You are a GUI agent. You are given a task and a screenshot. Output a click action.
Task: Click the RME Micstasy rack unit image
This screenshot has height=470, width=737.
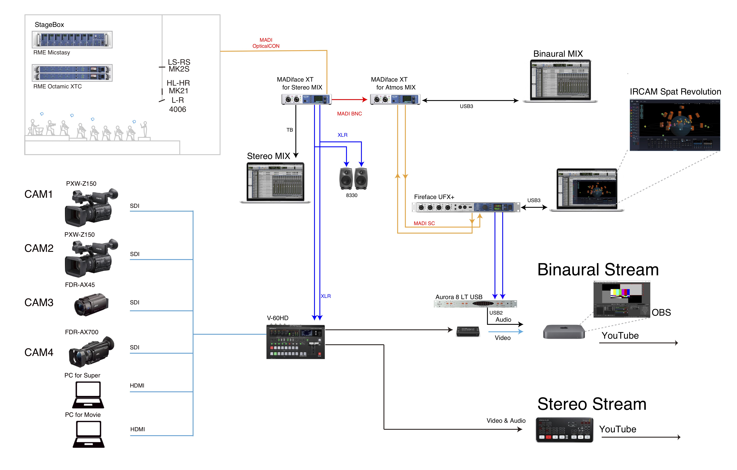pos(72,40)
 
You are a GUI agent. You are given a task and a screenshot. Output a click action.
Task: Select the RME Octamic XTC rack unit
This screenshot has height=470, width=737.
pos(72,73)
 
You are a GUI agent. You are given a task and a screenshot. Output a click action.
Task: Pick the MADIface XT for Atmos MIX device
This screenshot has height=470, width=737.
pos(395,99)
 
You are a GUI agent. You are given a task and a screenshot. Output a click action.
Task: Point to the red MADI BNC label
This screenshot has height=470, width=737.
pos(349,114)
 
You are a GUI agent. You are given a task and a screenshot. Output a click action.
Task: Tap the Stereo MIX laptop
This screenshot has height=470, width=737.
pos(275,183)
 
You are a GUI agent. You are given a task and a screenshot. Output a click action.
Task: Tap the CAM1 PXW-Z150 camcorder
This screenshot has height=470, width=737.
pos(91,207)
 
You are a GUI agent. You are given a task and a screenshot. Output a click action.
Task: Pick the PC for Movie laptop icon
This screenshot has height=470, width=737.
pos(89,434)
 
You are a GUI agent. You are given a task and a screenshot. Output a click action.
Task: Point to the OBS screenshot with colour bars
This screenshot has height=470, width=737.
pos(621,299)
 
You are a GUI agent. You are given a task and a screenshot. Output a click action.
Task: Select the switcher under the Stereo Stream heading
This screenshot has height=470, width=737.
pos(564,430)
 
